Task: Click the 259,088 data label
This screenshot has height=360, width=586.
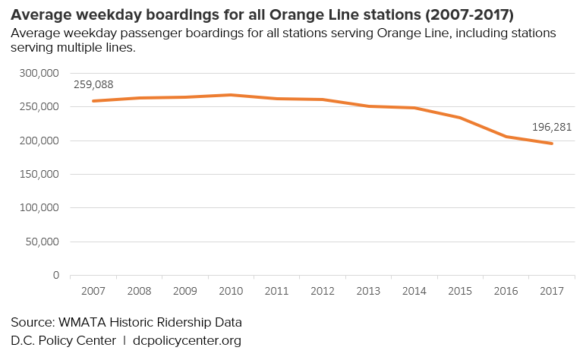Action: click(x=93, y=85)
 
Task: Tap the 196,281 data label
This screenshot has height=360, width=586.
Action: click(x=550, y=128)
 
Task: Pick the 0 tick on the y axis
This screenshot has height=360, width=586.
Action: click(x=55, y=275)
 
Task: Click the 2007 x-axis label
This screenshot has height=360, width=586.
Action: click(x=93, y=291)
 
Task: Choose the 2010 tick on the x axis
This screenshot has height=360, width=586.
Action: click(x=231, y=291)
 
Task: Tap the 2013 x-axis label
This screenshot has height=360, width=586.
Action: click(x=368, y=291)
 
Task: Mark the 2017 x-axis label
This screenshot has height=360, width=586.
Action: click(x=551, y=291)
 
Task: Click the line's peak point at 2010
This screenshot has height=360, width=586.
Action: click(x=231, y=95)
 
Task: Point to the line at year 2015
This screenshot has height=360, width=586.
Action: click(x=460, y=118)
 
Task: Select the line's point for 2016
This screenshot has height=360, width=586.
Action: click(x=506, y=137)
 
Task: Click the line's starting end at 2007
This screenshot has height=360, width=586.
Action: click(x=93, y=101)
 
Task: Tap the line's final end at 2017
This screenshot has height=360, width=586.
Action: click(x=551, y=144)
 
